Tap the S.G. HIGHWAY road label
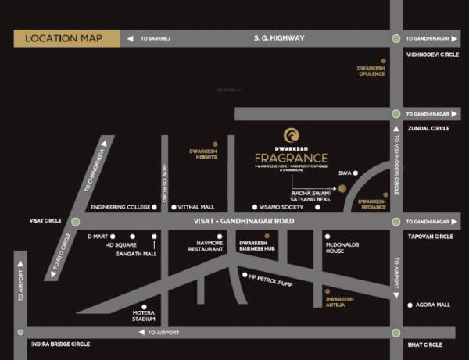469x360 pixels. click(279, 37)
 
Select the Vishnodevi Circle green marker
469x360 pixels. click(396, 38)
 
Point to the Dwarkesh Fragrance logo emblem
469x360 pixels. click(290, 135)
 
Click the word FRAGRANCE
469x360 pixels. click(291, 159)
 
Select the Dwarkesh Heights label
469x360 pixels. click(202, 154)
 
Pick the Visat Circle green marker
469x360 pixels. click(75, 222)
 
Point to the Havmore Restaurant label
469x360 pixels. click(206, 246)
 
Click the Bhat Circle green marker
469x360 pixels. click(396, 332)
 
